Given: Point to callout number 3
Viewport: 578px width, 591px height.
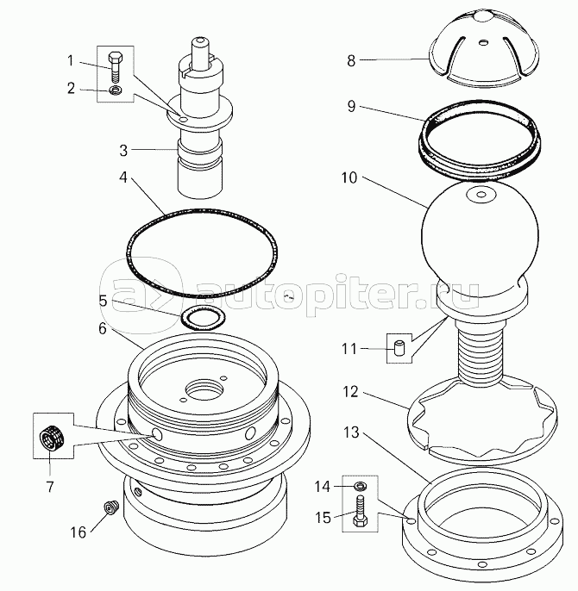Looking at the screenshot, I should point(123,151).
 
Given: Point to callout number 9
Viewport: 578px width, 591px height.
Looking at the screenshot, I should point(351,109).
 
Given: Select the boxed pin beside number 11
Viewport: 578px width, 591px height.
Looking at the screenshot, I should point(399,349).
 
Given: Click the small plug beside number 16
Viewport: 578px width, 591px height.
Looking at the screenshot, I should point(110,511).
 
